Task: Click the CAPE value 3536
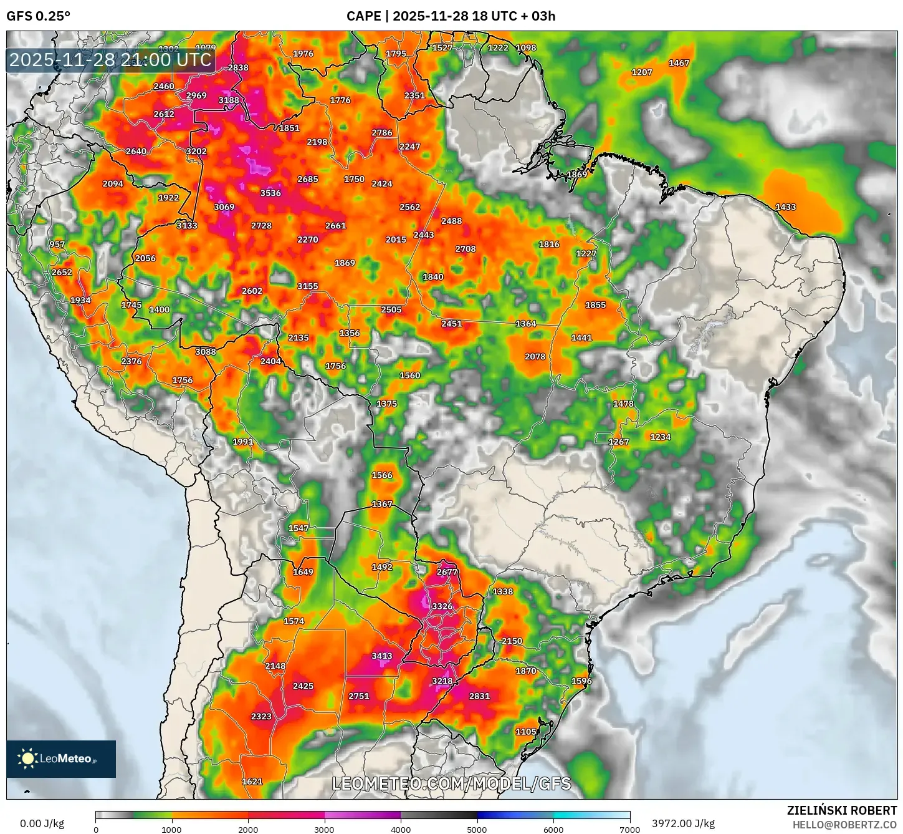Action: click(x=270, y=193)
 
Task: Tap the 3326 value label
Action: click(x=442, y=606)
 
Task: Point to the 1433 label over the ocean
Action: click(x=785, y=207)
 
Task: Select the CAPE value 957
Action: click(x=57, y=245)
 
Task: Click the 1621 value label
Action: click(x=252, y=782)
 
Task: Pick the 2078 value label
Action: click(x=535, y=357)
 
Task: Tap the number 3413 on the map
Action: click(x=382, y=656)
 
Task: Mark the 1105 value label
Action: click(x=526, y=732)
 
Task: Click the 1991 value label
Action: click(x=243, y=442)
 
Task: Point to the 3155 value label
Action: click(x=308, y=286)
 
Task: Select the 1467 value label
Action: click(x=679, y=63)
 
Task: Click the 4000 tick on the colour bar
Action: click(x=401, y=829)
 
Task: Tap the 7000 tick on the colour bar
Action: click(x=629, y=829)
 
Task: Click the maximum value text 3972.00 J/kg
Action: click(x=683, y=823)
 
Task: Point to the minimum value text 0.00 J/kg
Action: click(x=42, y=823)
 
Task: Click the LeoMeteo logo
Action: click(x=61, y=759)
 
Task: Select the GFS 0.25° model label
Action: click(x=39, y=16)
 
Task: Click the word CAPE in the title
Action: click(x=363, y=16)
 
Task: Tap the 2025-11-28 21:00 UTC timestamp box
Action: click(x=111, y=60)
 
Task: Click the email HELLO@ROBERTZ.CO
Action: click(x=844, y=825)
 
